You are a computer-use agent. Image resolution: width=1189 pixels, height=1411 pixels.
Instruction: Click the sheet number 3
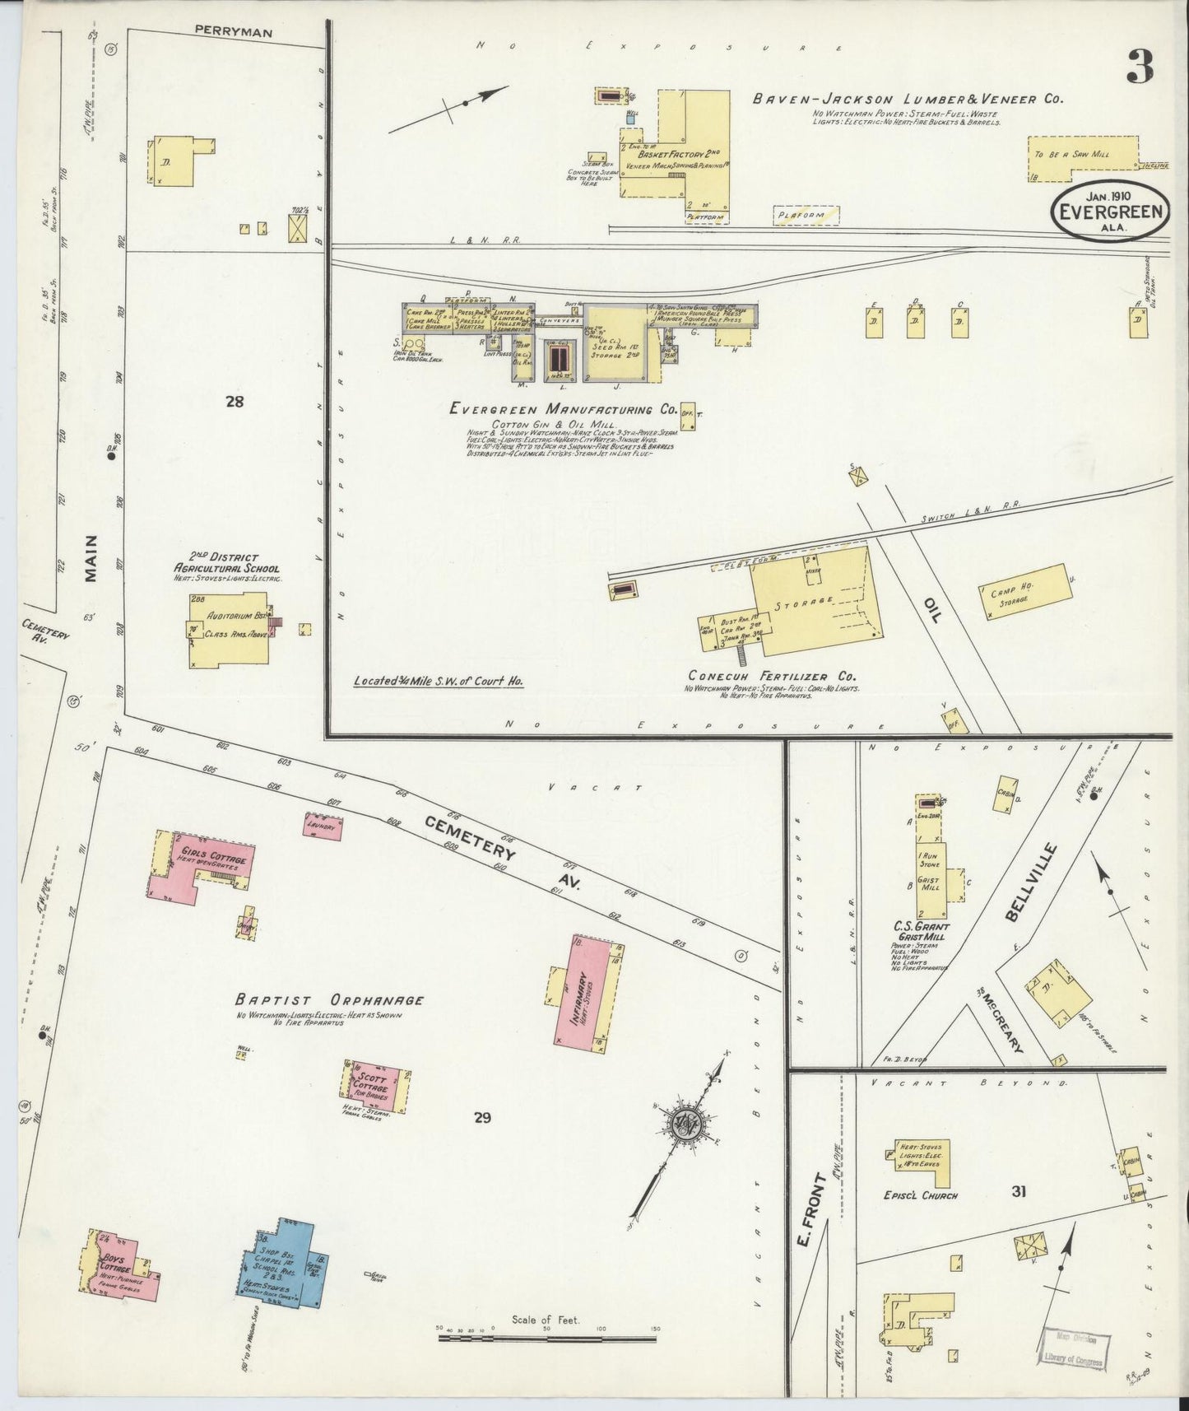click(1139, 65)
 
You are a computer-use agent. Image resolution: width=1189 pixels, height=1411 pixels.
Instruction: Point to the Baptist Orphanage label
click(329, 1000)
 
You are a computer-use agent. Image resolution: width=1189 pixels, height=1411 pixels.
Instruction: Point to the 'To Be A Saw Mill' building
click(1082, 155)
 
